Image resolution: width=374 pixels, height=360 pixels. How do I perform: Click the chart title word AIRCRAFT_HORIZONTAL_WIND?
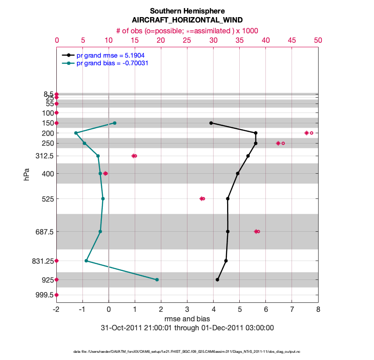point(187,20)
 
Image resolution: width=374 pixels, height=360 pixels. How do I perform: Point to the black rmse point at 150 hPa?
point(211,123)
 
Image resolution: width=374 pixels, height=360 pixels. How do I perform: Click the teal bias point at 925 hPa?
point(157,279)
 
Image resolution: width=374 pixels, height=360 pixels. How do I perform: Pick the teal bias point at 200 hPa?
point(76,133)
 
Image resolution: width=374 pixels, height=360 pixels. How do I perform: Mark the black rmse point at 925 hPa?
point(217,279)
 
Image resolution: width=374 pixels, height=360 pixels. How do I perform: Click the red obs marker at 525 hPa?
point(202,198)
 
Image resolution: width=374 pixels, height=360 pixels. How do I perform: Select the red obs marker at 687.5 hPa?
point(257,231)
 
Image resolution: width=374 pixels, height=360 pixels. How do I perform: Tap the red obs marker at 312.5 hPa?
point(134,156)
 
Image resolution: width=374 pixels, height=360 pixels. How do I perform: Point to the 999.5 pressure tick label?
point(44,295)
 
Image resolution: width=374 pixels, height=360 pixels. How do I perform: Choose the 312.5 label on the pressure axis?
point(44,156)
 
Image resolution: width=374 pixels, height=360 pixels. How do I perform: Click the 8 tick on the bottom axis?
point(318,309)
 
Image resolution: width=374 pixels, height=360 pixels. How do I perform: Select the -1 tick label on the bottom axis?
point(82,309)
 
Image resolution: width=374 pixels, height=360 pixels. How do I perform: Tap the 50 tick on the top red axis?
point(318,40)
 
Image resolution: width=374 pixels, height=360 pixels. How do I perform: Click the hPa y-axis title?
point(27,174)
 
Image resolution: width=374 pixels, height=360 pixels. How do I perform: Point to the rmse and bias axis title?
point(187,319)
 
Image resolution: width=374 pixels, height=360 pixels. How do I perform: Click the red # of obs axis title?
point(187,30)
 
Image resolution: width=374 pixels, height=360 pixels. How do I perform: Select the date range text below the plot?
point(187,328)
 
